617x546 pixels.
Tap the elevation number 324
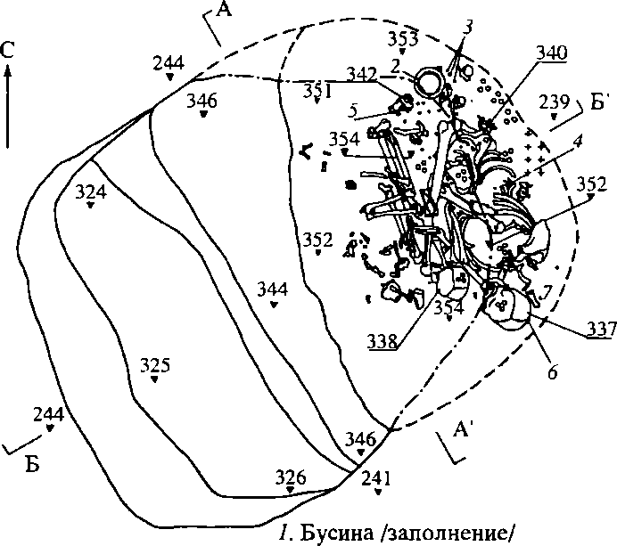91,191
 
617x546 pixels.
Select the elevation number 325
155,365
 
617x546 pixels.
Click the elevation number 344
272,289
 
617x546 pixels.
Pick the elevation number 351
317,89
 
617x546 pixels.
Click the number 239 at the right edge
554,102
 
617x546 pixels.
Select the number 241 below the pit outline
376,479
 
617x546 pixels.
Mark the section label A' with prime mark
462,432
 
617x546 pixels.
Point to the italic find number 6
553,372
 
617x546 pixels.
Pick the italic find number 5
353,111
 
